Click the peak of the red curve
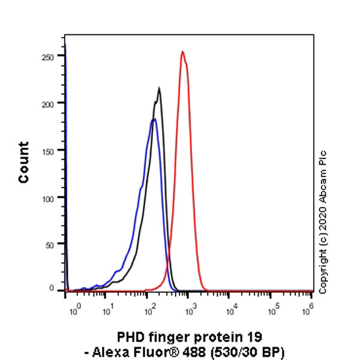[182, 52]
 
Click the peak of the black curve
[159, 89]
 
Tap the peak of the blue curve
[154, 119]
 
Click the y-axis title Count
[24, 162]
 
